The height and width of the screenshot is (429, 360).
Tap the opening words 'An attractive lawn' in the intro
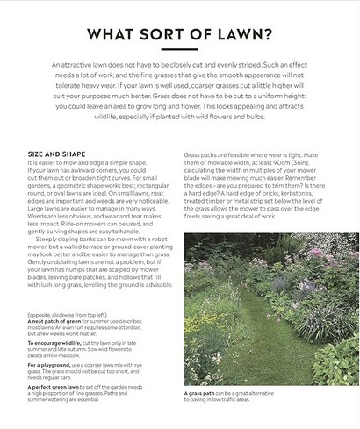[81, 66]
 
